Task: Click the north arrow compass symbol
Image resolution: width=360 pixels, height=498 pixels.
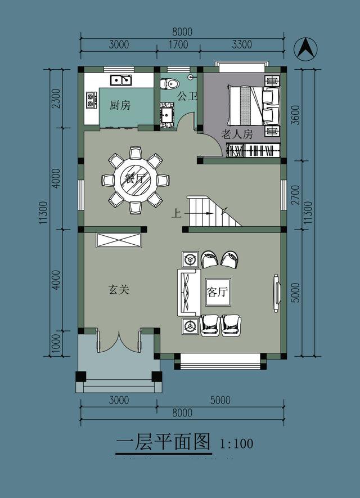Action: (305, 48)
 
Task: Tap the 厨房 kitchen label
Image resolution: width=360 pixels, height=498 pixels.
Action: (120, 105)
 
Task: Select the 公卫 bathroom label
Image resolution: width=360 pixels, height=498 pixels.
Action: (187, 96)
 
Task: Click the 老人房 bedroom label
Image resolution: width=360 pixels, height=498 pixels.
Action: (236, 134)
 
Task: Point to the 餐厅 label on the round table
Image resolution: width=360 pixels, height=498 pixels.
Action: (135, 180)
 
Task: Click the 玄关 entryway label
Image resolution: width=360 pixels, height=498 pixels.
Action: (119, 290)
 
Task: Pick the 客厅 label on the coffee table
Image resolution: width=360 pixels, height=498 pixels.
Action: (217, 292)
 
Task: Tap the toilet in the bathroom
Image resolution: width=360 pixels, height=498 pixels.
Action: (169, 84)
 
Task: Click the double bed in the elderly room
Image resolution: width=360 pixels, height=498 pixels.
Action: (253, 105)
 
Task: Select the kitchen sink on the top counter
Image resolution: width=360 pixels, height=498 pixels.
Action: (121, 80)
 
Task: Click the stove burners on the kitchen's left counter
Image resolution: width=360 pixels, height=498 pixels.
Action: (91, 100)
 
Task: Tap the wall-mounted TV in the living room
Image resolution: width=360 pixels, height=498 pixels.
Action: (276, 292)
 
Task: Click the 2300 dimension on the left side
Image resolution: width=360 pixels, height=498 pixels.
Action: (55, 98)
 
